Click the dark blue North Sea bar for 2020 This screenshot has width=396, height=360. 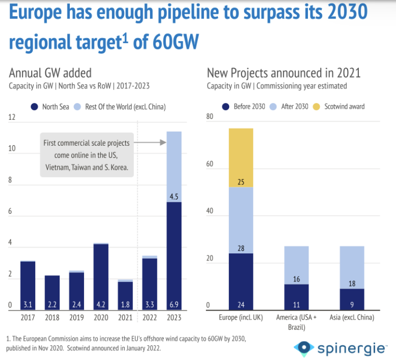point(100,274)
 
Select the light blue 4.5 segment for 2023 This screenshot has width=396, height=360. point(174,167)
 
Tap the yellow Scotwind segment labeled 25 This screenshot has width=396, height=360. point(241,157)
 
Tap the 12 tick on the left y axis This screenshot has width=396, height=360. point(12,117)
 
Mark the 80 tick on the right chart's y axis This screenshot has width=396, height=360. point(210,117)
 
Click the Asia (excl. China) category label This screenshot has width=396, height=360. point(352,317)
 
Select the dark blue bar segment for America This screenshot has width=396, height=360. point(296,296)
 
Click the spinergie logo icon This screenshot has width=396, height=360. point(304,348)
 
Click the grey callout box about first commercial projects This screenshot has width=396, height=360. point(86,155)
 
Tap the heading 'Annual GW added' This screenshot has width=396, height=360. point(50,73)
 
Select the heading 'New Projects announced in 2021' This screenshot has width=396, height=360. point(284,73)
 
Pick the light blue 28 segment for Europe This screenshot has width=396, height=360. point(241,220)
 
